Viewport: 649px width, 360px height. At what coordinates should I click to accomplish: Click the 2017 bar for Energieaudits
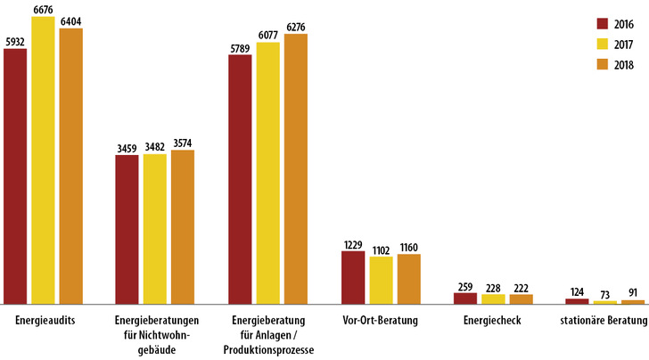pos(43,160)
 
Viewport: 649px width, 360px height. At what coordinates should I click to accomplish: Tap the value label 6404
pos(71,21)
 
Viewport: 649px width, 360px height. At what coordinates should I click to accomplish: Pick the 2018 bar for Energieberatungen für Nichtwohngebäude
pos(183,227)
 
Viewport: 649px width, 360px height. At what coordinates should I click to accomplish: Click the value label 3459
pos(127,147)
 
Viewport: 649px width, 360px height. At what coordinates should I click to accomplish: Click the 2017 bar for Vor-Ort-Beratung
pos(381,281)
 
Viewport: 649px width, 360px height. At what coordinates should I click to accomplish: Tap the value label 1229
pos(353,243)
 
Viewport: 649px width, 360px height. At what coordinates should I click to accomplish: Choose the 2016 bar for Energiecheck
pos(464,299)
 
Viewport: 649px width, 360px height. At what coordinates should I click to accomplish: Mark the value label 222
pos(521,286)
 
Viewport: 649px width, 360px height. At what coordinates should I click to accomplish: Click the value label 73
pos(605,293)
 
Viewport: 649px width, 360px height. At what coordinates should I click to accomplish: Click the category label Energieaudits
pos(44,320)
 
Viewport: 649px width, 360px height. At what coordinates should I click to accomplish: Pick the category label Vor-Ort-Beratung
pos(381,320)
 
